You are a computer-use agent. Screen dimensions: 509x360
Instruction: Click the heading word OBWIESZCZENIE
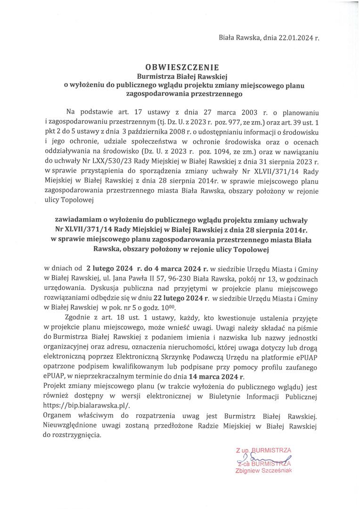point(180,67)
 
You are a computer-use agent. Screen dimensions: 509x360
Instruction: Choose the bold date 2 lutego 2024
point(113,269)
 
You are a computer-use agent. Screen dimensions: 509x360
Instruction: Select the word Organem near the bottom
point(59,416)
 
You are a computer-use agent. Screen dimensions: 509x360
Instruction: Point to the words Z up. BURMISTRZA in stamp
point(263,450)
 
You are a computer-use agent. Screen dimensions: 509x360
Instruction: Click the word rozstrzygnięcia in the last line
point(77,436)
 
